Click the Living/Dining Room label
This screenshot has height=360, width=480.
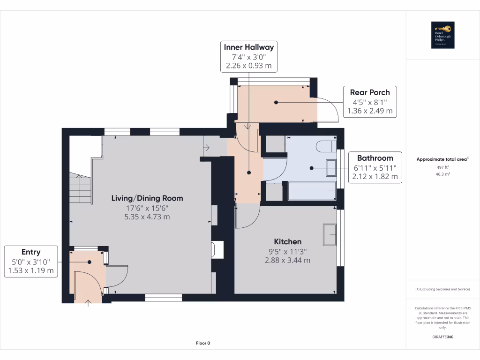147,198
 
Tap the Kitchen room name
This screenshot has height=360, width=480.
288,241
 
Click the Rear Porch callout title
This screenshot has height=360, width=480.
370,92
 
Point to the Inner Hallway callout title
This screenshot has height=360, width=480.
248,47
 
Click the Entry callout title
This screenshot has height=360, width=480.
31,252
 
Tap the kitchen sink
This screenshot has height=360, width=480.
329,234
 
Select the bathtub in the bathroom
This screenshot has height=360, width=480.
311,192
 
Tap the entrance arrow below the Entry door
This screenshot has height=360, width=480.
89,303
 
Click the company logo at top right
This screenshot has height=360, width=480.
443,35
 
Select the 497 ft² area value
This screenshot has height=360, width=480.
443,167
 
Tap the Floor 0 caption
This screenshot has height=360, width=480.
203,343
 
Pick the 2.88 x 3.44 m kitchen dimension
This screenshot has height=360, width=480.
288,260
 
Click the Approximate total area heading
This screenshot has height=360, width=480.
442,159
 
